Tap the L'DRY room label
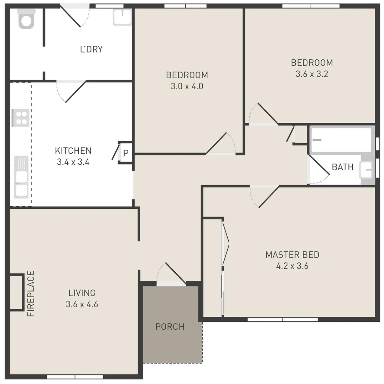pyautogui.click(x=91, y=49)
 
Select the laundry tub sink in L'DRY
pyautogui.click(x=122, y=17)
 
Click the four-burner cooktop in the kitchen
pyautogui.click(x=20, y=118)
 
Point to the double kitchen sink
pyautogui.click(x=21, y=177)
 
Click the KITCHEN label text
pyautogui.click(x=73, y=151)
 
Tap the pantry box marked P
pyautogui.click(x=125, y=154)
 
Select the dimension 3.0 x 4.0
pyautogui.click(x=187, y=86)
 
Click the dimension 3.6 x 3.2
pyautogui.click(x=312, y=74)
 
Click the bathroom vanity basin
pyautogui.click(x=366, y=170)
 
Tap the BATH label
pyautogui.click(x=342, y=167)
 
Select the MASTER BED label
pyautogui.click(x=292, y=255)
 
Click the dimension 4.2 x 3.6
pyautogui.click(x=292, y=266)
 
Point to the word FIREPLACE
pyautogui.click(x=31, y=294)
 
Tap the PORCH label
pyautogui.click(x=170, y=326)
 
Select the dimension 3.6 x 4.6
pyautogui.click(x=82, y=304)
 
